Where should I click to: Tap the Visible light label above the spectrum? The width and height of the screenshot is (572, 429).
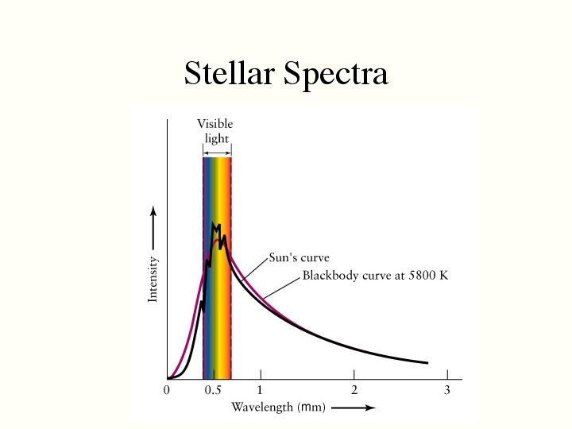point(215,131)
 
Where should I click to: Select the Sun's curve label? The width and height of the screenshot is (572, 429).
point(299,257)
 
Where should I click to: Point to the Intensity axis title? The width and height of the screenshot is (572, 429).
point(153,278)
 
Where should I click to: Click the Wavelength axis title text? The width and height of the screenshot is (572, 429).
point(273,408)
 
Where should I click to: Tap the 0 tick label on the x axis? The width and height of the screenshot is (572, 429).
point(167,390)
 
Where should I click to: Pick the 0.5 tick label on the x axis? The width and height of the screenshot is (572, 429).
point(213,390)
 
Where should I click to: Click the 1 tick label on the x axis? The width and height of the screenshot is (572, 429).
point(260,390)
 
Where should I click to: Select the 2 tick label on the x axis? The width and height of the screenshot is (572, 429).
point(354,390)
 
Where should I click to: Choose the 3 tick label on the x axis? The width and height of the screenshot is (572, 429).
point(447,390)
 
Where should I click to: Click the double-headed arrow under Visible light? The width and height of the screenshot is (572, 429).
point(216,149)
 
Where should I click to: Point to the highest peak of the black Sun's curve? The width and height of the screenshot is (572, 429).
point(213,224)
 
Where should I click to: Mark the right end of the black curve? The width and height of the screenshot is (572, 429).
point(427,363)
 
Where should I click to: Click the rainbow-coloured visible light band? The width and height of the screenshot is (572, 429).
point(217,318)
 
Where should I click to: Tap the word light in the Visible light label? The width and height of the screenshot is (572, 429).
point(216,138)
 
